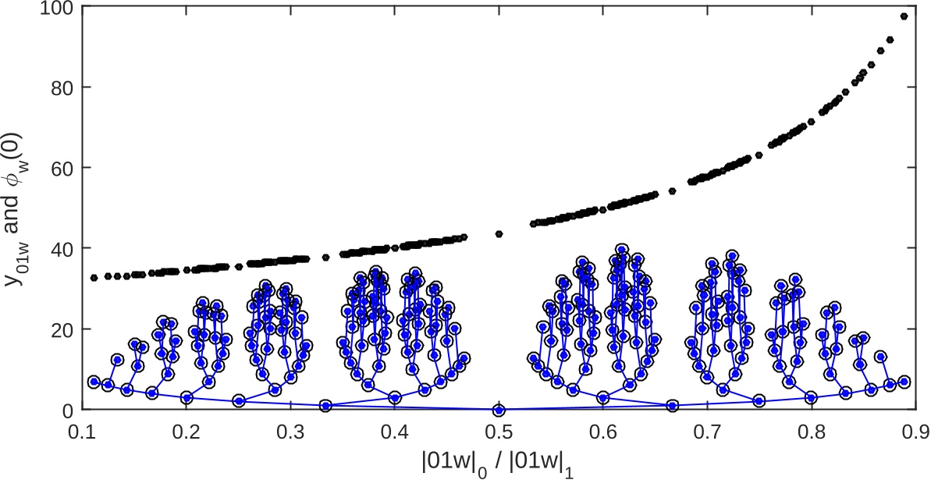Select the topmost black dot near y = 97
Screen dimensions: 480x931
coord(904,16)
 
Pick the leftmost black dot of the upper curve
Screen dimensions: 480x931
coord(94,278)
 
